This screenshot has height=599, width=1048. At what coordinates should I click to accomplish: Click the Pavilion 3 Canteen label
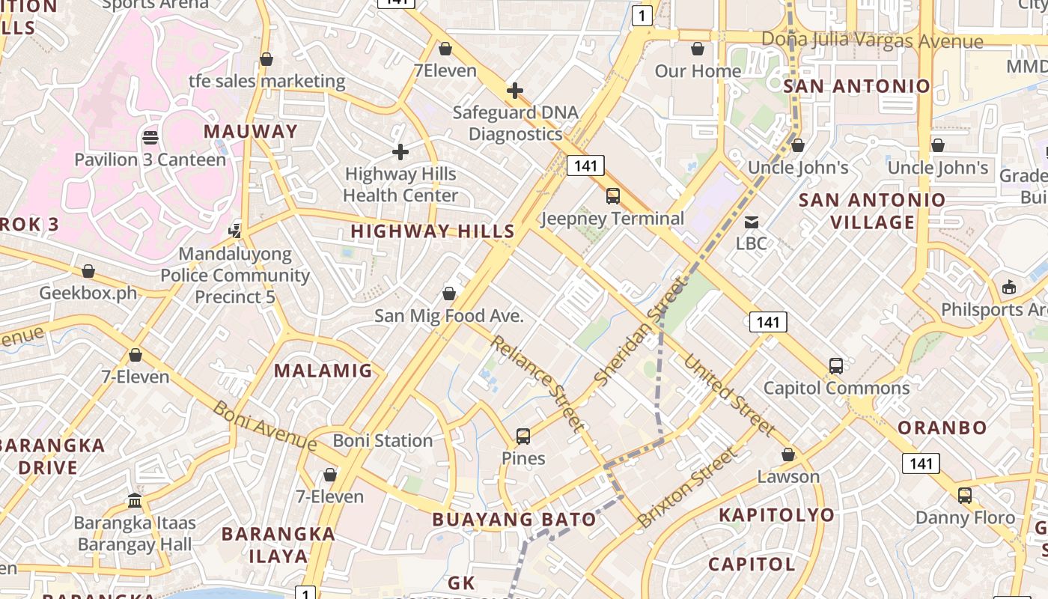(150, 159)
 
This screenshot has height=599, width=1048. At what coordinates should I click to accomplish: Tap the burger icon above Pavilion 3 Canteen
(150, 138)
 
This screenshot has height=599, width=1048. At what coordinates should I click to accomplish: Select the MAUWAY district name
(251, 132)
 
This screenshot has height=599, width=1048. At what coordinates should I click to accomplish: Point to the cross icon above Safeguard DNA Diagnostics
(515, 91)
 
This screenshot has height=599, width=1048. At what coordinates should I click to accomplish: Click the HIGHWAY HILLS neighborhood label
(433, 231)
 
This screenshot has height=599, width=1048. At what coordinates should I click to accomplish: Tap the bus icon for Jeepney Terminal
(613, 196)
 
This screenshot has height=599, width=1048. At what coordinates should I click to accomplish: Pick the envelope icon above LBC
(751, 222)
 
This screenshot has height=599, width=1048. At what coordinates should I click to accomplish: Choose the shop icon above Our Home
(698, 49)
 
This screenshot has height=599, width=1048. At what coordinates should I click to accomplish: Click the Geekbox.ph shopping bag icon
(88, 271)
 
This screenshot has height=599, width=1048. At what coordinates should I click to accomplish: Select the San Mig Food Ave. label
(449, 316)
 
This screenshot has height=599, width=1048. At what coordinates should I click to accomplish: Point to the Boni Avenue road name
(265, 426)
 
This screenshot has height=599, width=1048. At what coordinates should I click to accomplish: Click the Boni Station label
(383, 440)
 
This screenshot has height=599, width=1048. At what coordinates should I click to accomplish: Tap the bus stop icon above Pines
(523, 436)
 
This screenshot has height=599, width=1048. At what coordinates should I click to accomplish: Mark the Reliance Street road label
(537, 383)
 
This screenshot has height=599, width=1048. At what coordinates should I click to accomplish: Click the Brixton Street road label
(687, 487)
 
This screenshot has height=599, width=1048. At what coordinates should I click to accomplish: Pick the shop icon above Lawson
(788, 454)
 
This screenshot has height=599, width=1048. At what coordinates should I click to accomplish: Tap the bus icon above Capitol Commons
(836, 366)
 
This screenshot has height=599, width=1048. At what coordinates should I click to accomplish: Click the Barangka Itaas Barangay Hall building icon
(135, 500)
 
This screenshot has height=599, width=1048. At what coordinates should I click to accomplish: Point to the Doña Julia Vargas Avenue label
(872, 40)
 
